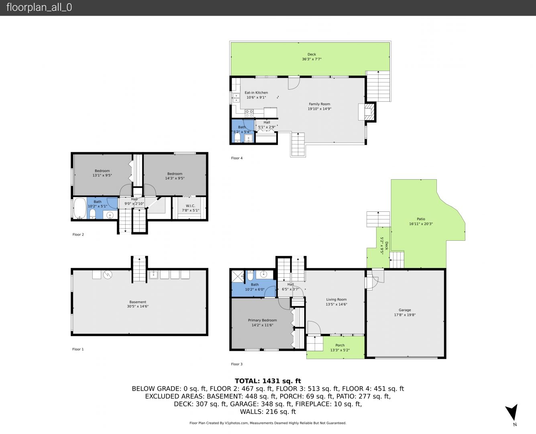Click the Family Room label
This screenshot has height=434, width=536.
click(319, 104)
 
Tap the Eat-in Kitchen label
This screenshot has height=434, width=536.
click(256, 92)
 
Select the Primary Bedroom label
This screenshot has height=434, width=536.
click(262, 320)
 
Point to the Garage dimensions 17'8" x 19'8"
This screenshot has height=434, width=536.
click(405, 315)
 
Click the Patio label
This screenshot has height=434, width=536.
click(421, 219)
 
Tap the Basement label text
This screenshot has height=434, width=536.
click(138, 302)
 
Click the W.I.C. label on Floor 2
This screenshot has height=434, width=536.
click(190, 206)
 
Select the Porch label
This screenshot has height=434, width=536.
click(340, 345)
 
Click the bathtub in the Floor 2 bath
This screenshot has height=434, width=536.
click(80, 208)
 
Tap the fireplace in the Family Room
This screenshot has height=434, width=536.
click(367, 112)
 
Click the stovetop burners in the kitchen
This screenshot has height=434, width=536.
click(249, 113)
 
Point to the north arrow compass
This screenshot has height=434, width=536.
click(512, 412)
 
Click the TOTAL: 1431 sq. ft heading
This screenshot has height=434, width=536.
click(268, 381)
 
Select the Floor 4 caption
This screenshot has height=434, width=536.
click(237, 158)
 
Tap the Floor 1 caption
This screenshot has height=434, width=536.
click(78, 349)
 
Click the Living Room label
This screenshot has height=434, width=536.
click(336, 299)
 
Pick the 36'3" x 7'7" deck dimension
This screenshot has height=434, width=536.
click(312, 59)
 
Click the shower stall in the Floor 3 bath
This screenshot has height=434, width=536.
click(238, 276)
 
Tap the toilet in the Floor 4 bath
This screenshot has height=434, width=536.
click(237, 137)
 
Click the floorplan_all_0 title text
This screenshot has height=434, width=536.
click(39, 7)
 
